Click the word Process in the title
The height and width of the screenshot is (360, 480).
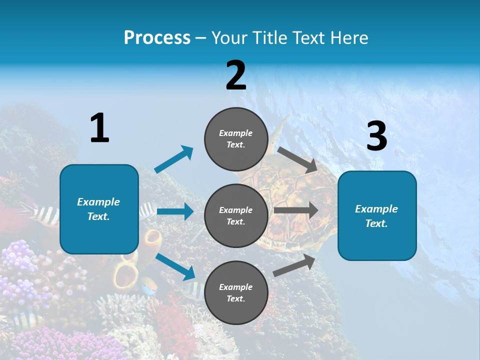pyautogui.click(x=157, y=38)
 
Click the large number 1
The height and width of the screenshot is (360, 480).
pyautogui.click(x=99, y=128)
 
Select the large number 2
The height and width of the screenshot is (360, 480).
pyautogui.click(x=236, y=75)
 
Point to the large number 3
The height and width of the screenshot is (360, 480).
pyautogui.click(x=376, y=136)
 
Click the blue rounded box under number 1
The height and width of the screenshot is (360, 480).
pyautogui.click(x=99, y=209)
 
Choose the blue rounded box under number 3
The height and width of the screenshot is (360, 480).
pyautogui.click(x=377, y=215)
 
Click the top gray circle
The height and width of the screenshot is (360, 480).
pyautogui.click(x=236, y=139)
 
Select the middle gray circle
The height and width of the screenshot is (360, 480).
pyautogui.click(x=236, y=215)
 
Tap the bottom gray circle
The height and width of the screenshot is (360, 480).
pyautogui.click(x=236, y=292)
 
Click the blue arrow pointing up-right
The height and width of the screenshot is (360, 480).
pyautogui.click(x=174, y=159)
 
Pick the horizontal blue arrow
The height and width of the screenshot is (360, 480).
pyautogui.click(x=175, y=211)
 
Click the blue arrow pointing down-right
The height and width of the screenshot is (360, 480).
pyautogui.click(x=175, y=266)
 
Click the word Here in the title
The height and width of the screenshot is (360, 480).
pyautogui.click(x=348, y=38)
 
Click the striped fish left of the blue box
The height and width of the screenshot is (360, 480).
pyautogui.click(x=42, y=213)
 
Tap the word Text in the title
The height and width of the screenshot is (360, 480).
pyautogui.click(x=307, y=38)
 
